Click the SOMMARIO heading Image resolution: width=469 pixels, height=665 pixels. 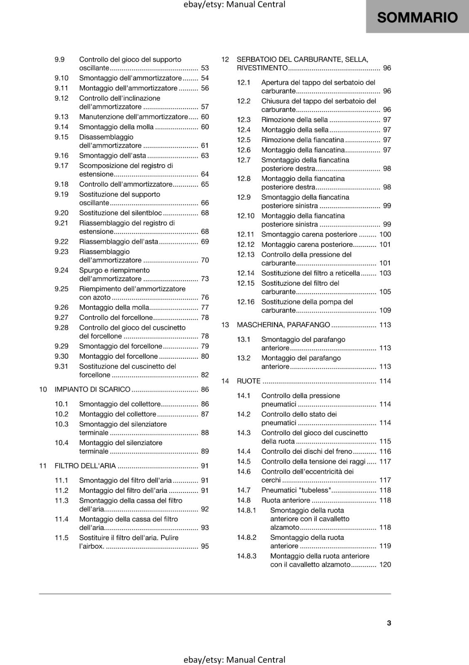point(417,17)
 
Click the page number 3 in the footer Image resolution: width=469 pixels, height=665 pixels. point(389,623)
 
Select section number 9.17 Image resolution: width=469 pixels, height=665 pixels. point(61,165)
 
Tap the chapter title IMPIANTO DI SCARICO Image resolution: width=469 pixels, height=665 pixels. point(93,389)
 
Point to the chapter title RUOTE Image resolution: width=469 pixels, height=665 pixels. point(249,381)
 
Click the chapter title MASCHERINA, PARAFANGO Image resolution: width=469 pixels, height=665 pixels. point(283,325)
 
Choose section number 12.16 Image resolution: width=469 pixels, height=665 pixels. point(246,302)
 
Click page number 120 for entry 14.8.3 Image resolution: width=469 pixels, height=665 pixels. point(385,564)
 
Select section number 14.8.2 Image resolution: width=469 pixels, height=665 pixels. point(247,537)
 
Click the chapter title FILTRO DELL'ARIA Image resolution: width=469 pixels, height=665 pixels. point(85,466)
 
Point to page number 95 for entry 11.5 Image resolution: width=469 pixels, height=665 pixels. point(205,546)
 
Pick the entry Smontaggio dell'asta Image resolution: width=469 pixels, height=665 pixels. point(112,155)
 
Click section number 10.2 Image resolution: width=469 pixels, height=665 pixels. point(61,414)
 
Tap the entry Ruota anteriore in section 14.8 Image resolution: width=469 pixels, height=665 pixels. point(286,500)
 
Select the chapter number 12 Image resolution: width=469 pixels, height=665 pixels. point(225,59)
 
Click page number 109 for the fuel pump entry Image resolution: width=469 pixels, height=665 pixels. point(385,310)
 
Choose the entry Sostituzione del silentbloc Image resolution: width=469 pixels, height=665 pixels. point(120,213)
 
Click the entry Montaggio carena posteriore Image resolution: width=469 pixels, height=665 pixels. point(307,244)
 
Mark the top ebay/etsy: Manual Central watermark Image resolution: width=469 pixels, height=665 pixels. point(234,5)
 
